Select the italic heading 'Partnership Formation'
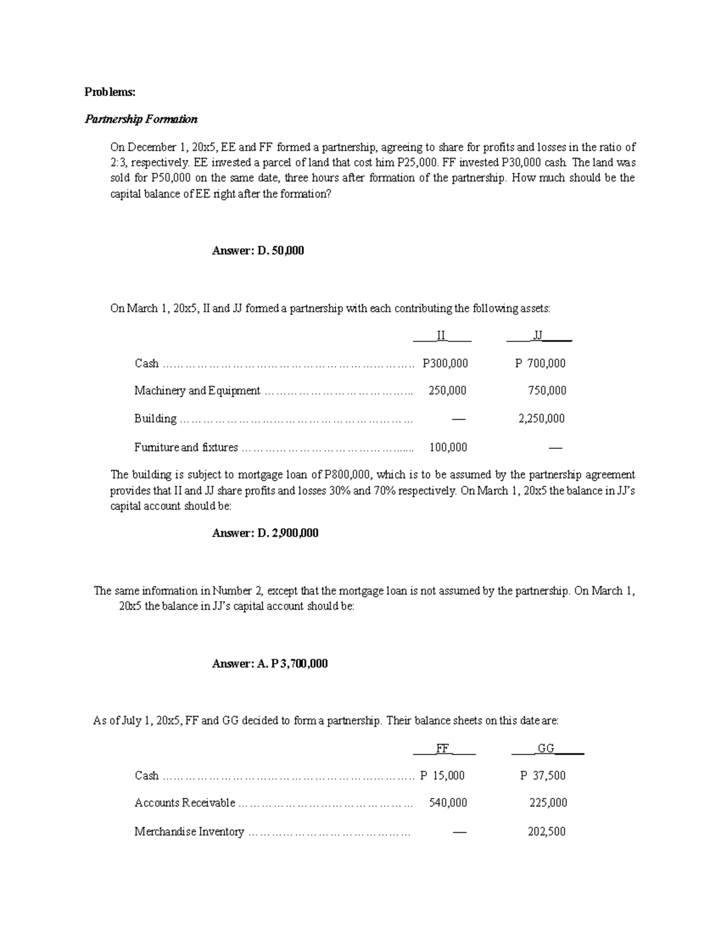(141, 119)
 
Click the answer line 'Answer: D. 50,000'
(258, 251)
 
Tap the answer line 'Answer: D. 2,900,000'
(265, 533)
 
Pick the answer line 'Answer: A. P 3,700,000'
(270, 664)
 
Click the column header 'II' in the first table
(442, 336)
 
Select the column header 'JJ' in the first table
(538, 336)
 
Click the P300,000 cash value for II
(445, 363)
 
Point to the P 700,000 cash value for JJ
(540, 363)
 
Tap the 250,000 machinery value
(447, 391)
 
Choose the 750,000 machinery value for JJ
(547, 391)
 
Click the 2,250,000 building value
(541, 419)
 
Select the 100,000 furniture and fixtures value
(448, 447)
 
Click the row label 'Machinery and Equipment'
(197, 391)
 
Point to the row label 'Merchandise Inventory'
(189, 832)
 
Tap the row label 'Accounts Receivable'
(184, 803)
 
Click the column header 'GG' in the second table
(546, 749)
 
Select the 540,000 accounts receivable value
(448, 803)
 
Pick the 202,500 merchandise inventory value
(547, 832)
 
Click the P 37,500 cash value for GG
(543, 776)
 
